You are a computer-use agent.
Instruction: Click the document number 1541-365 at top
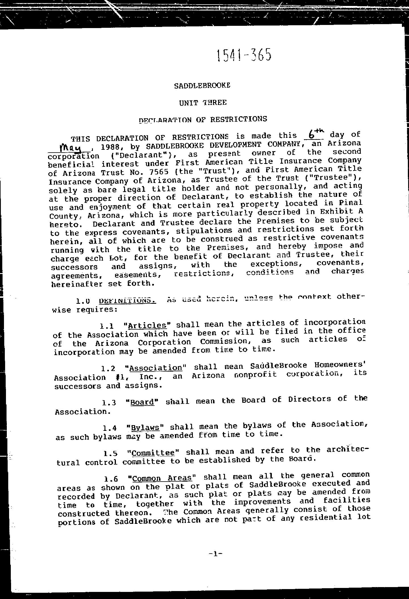(x=244, y=55)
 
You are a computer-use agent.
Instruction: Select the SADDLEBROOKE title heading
(x=202, y=85)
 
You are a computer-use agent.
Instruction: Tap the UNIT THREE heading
(x=203, y=102)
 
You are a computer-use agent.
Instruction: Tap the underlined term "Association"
(x=155, y=368)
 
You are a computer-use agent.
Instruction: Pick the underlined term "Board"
(x=142, y=402)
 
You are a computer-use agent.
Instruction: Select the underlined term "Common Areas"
(x=162, y=478)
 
